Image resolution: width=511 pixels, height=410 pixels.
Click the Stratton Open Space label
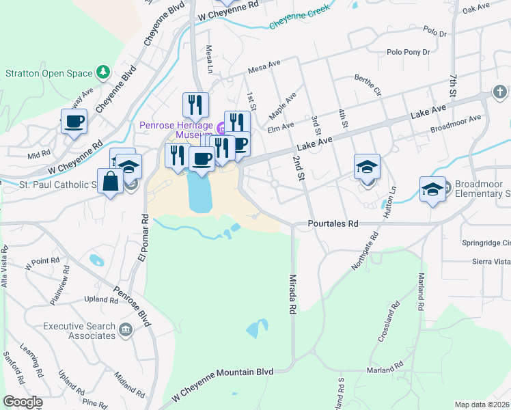point(49,72)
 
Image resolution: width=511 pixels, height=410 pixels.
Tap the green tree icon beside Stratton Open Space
point(103,71)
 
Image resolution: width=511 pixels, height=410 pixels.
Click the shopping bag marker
point(111,182)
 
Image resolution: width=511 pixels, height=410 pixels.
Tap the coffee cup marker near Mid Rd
point(74,122)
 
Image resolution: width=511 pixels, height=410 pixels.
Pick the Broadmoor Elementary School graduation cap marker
point(432,189)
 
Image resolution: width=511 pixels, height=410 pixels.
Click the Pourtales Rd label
point(333,223)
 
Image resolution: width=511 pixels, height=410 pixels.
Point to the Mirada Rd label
point(292,294)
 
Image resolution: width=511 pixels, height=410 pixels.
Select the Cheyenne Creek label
point(299,16)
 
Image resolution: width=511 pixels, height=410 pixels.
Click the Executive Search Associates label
point(79,331)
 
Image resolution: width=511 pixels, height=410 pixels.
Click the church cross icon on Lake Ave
point(500,92)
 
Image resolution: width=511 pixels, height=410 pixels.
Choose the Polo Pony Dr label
point(408,52)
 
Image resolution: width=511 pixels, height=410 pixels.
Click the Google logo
point(23,402)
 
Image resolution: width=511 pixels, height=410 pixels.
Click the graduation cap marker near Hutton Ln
point(366,167)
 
